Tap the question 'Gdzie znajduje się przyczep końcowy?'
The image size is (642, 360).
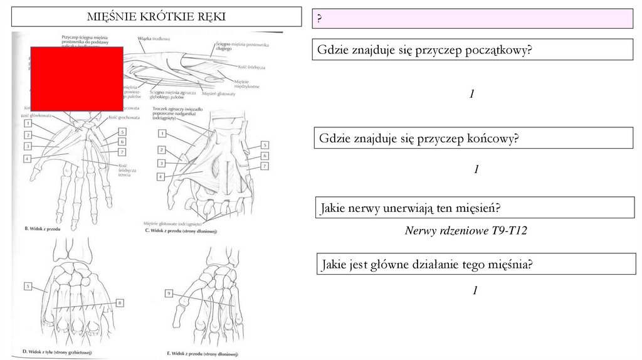419,138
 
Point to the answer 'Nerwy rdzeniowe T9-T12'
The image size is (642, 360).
466,231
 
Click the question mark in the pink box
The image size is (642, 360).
319,19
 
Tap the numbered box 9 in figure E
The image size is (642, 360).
169,293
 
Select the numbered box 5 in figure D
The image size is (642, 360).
28,287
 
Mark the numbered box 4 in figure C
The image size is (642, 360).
162,177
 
